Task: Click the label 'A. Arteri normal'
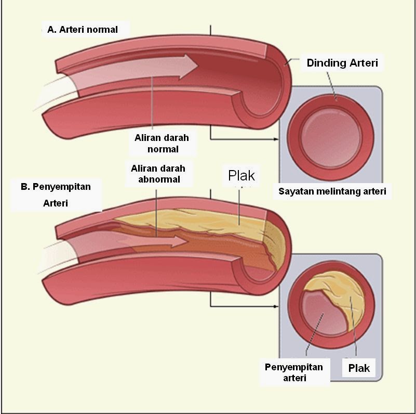83,30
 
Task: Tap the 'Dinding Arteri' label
342,63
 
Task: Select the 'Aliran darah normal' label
162,144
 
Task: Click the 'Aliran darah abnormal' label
158,174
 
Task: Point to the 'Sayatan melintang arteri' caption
332,191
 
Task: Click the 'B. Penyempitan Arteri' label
56,195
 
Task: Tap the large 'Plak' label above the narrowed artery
241,175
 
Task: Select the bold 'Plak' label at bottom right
359,368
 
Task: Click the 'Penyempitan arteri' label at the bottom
294,372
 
